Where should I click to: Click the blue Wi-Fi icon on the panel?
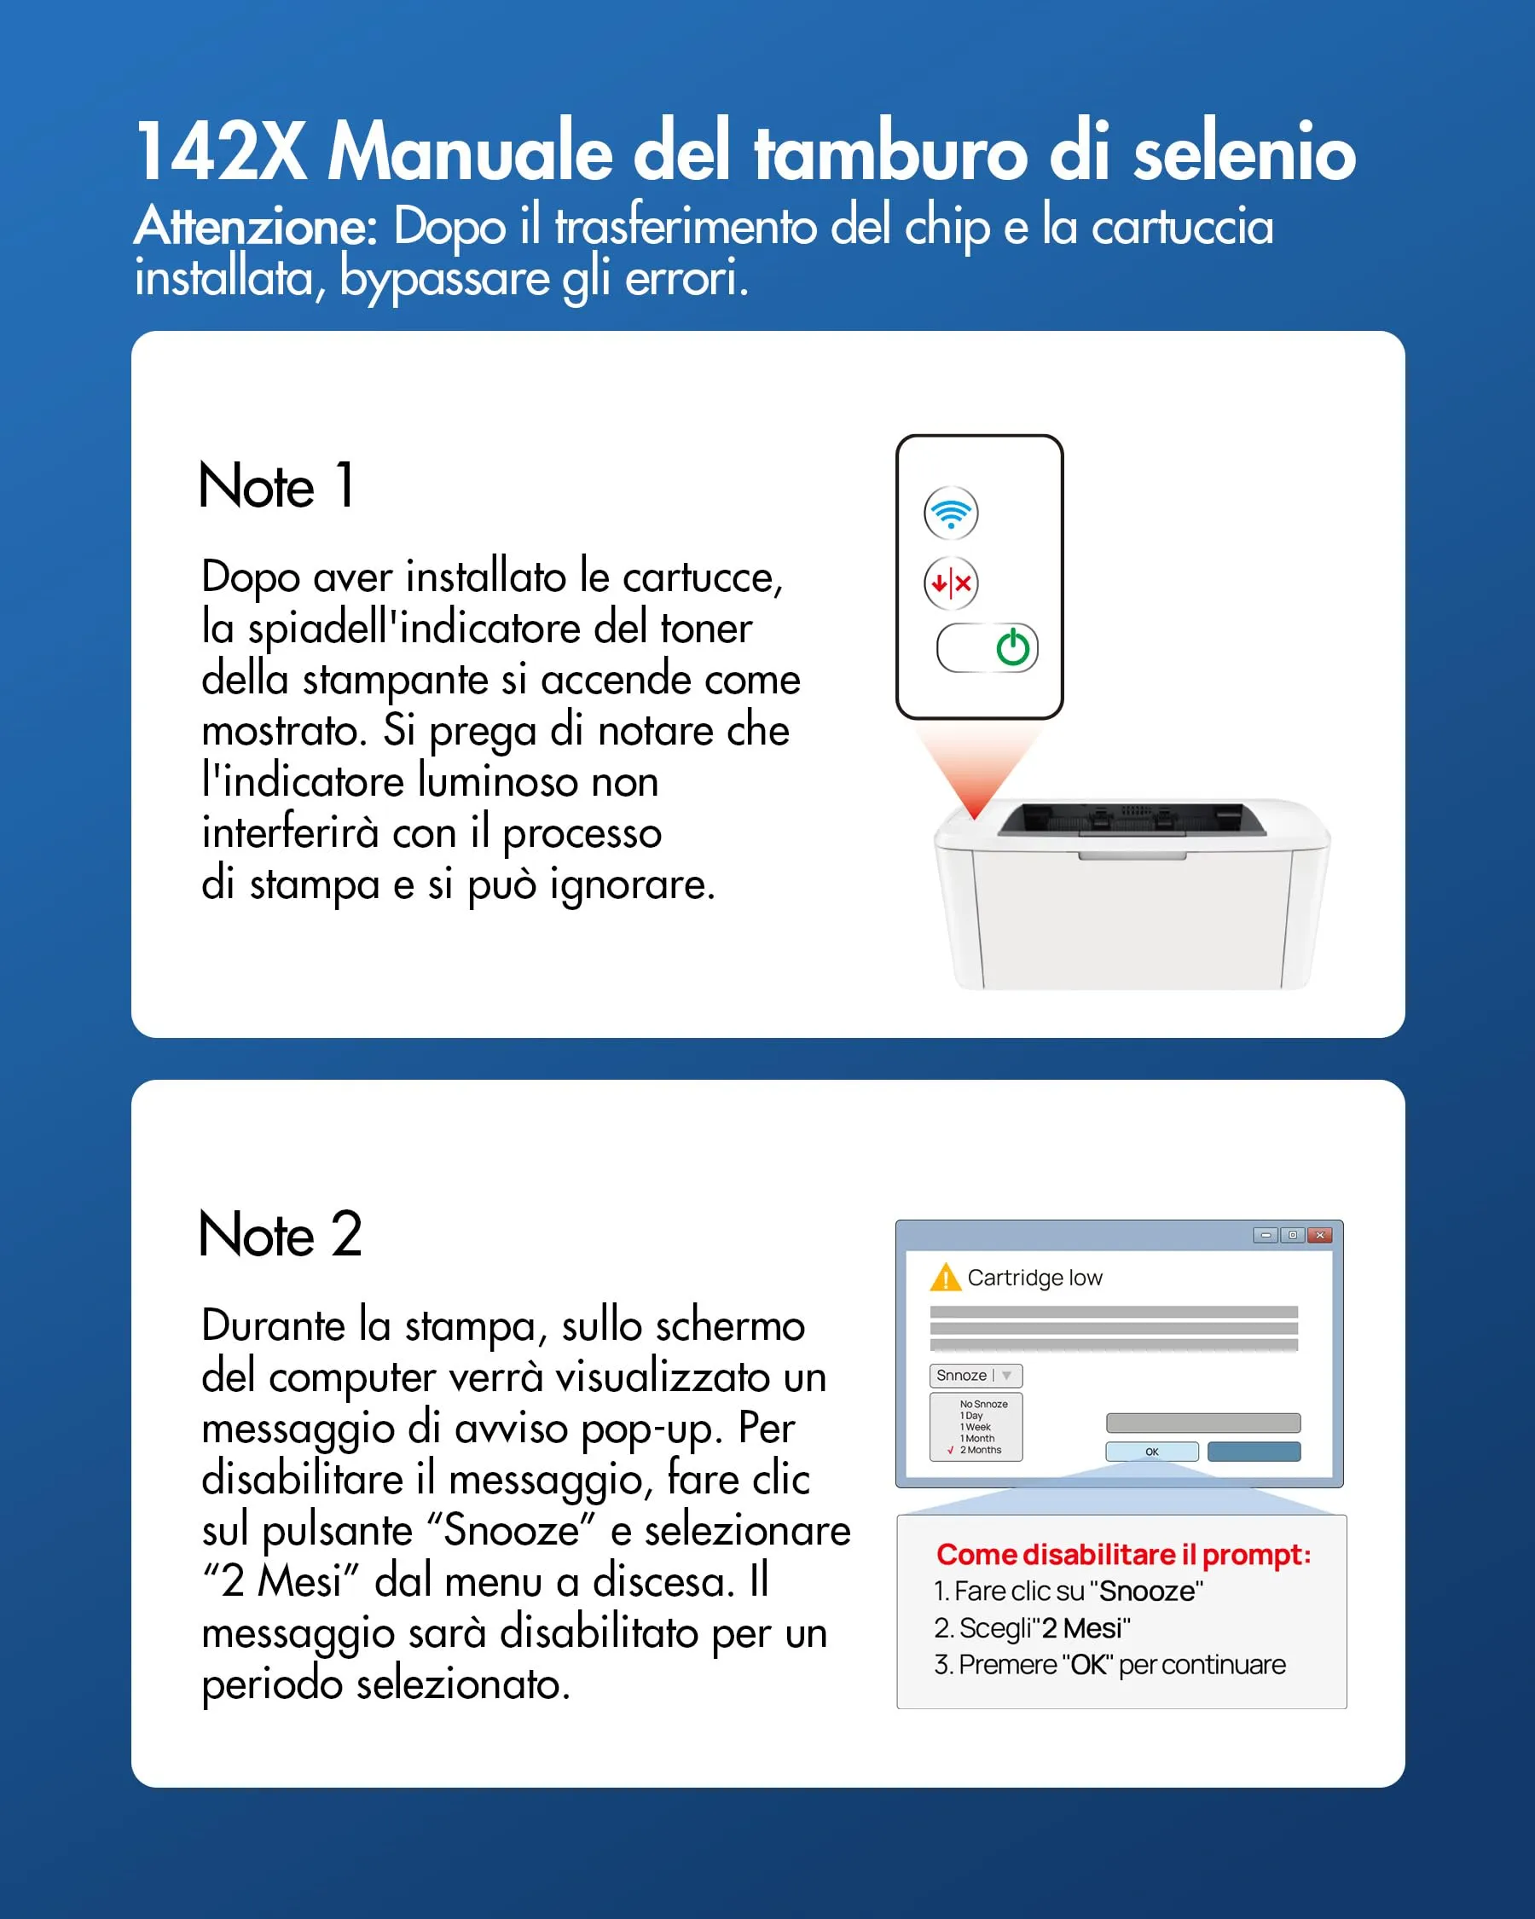pyautogui.click(x=951, y=513)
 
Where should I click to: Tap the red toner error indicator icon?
pyautogui.click(x=951, y=584)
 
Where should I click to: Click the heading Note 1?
pyautogui.click(x=277, y=486)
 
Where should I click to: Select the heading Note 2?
pyautogui.click(x=281, y=1234)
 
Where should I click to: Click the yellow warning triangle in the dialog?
pyautogui.click(x=945, y=1278)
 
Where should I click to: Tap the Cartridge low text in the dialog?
pyautogui.click(x=1035, y=1278)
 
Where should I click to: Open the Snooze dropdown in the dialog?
pyautogui.click(x=976, y=1375)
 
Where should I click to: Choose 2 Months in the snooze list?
pyautogui.click(x=980, y=1450)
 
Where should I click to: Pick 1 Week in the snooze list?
pyautogui.click(x=976, y=1427)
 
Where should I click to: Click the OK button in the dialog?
pyautogui.click(x=1151, y=1452)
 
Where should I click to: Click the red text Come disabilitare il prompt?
pyautogui.click(x=1123, y=1554)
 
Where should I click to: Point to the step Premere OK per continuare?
pyautogui.click(x=1109, y=1665)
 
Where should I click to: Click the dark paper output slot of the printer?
pyautogui.click(x=1120, y=818)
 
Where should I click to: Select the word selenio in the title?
pyautogui.click(x=1244, y=151)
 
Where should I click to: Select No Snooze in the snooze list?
pyautogui.click(x=983, y=1404)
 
